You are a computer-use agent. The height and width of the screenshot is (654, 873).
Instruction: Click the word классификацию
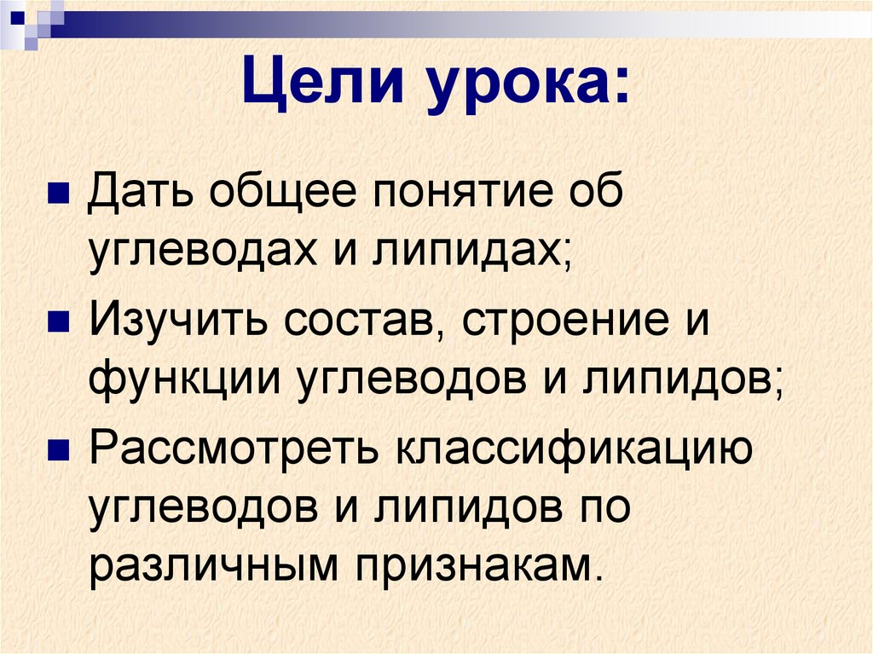[x=571, y=449]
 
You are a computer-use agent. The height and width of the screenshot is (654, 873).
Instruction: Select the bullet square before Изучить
[x=58, y=322]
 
